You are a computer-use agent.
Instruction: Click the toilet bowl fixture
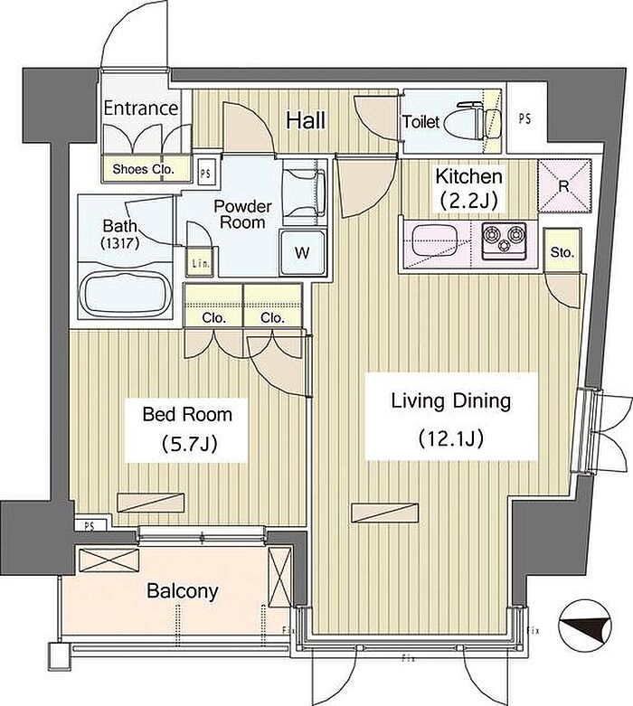tap(472, 120)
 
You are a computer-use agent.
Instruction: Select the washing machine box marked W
tap(302, 252)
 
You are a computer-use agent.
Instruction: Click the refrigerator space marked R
tap(564, 185)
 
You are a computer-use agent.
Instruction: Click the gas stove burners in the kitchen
tap(504, 240)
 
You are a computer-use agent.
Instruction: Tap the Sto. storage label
tap(562, 252)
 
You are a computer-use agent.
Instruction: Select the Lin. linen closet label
tap(200, 263)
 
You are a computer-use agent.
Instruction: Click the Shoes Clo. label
tap(143, 169)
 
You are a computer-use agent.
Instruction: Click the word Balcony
tap(183, 590)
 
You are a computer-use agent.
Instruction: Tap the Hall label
tap(306, 120)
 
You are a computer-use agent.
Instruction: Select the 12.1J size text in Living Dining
tap(451, 438)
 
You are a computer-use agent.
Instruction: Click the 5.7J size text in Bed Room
tap(189, 444)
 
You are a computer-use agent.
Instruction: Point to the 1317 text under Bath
tap(119, 243)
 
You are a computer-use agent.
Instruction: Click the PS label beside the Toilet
tap(524, 118)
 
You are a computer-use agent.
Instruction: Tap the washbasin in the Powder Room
tap(305, 192)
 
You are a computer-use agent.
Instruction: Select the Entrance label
tap(141, 108)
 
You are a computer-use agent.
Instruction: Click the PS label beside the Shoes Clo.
tap(205, 174)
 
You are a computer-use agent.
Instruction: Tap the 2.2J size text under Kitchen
tap(469, 201)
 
